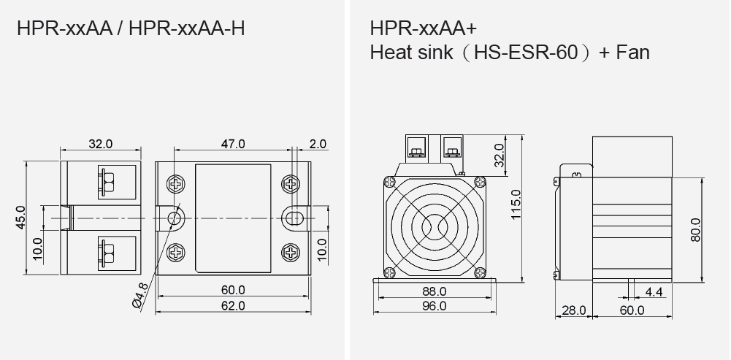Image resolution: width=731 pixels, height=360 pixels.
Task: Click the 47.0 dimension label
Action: [234, 144]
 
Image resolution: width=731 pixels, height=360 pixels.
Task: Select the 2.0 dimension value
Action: [318, 144]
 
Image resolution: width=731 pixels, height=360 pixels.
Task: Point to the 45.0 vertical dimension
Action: [20, 218]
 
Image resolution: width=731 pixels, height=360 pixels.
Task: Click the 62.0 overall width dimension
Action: [234, 305]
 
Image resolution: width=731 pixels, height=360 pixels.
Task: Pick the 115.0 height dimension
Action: [516, 207]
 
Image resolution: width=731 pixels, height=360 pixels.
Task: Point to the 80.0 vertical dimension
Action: [694, 229]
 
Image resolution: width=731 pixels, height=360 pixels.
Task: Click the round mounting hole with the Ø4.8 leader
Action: [175, 218]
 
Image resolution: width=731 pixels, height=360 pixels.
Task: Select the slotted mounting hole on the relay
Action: [294, 218]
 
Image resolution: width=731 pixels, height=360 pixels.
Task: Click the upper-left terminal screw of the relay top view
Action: [176, 183]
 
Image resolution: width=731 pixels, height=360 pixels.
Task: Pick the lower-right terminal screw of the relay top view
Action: [294, 253]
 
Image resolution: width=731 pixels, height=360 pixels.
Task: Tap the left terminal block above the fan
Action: [418, 148]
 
